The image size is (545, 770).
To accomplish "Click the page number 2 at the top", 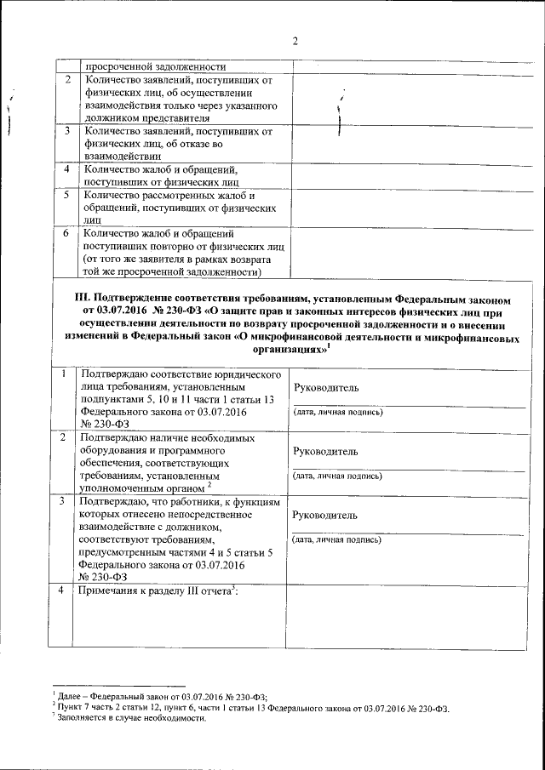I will [x=293, y=41].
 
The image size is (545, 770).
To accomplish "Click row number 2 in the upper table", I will [x=66, y=80].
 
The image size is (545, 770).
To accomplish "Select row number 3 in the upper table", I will [x=66, y=132].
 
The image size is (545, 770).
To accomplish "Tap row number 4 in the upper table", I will [x=66, y=168].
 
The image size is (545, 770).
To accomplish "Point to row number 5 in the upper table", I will [x=66, y=195].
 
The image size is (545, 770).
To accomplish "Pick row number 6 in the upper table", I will [x=66, y=231].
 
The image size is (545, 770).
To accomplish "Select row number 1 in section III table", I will [x=65, y=374].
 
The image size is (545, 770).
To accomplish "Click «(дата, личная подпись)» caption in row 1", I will [x=337, y=413].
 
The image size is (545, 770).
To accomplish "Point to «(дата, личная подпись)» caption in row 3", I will [x=337, y=540].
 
